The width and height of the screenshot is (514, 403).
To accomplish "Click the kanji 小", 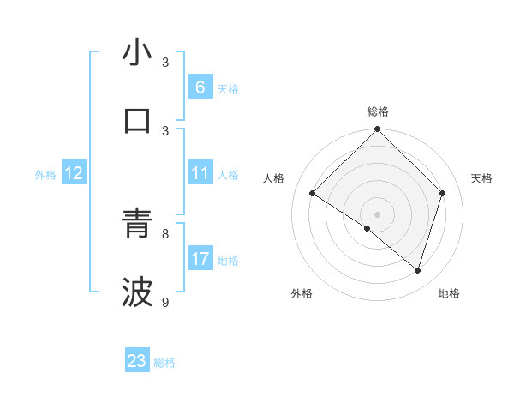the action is (x=137, y=53).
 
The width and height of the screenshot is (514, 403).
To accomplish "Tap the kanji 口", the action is (x=137, y=120).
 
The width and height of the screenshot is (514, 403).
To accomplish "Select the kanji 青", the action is (x=137, y=225).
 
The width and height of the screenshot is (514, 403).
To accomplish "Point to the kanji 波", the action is (x=137, y=292).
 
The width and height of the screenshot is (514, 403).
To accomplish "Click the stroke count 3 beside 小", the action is (x=165, y=63).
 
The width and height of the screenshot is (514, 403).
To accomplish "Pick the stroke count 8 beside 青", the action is (x=165, y=233).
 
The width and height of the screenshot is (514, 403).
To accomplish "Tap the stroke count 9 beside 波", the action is (x=165, y=302).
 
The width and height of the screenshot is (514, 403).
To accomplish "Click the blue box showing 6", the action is (x=200, y=87).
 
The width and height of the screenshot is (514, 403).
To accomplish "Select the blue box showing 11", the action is (x=200, y=173).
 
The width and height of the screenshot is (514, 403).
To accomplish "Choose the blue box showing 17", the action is (x=200, y=259).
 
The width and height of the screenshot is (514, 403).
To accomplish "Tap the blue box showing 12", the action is (x=74, y=173).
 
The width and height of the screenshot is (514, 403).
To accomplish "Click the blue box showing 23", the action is (x=137, y=361).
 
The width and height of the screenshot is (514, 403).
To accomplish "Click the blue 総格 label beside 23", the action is (x=164, y=363).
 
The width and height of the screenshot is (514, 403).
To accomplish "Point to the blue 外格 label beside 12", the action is (x=45, y=175).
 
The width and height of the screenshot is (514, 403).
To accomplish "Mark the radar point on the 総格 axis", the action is (x=377, y=130).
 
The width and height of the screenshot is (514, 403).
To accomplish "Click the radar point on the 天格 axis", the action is (x=443, y=193).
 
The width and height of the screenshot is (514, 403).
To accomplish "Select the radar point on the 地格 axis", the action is (x=417, y=270).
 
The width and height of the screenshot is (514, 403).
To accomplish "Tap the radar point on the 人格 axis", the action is (x=313, y=194).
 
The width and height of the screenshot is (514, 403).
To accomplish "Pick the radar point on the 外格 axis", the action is (x=368, y=228).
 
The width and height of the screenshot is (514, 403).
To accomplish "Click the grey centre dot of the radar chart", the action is (x=377, y=214).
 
